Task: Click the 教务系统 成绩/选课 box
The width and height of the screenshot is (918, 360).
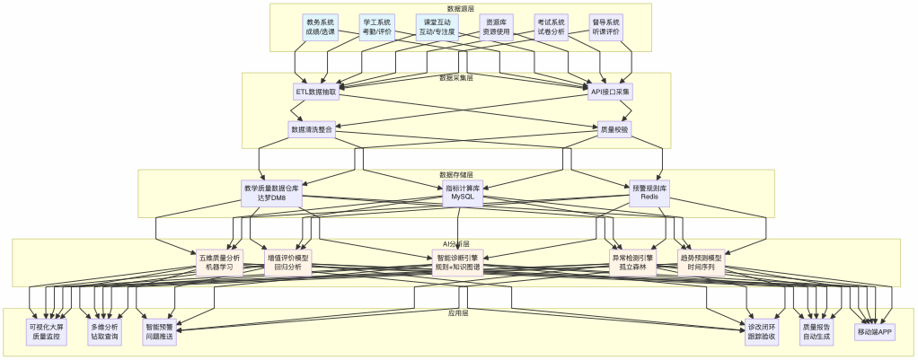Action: tap(320, 27)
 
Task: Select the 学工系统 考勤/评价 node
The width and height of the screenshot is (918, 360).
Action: tap(377, 27)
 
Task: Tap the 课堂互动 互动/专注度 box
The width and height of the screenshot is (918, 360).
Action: tap(437, 27)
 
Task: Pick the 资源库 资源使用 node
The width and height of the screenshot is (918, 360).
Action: tap(495, 27)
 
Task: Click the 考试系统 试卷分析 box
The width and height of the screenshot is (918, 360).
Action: tap(551, 27)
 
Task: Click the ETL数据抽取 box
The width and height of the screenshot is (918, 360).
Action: tap(316, 92)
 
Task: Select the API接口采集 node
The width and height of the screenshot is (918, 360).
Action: tap(610, 92)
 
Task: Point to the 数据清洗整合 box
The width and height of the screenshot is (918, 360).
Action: tap(311, 129)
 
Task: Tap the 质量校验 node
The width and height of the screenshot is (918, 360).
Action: tap(614, 129)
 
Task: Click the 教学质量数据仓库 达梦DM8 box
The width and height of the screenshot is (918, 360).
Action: tap(270, 193)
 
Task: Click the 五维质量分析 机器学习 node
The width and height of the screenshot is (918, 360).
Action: tap(220, 262)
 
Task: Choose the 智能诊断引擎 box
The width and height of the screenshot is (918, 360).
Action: tap(458, 262)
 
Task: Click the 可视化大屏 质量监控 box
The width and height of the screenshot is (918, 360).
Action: tap(47, 332)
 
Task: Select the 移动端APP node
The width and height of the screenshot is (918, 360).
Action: tap(875, 332)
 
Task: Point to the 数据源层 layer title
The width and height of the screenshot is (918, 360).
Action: tap(459, 8)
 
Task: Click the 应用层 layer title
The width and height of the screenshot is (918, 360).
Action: tap(458, 314)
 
